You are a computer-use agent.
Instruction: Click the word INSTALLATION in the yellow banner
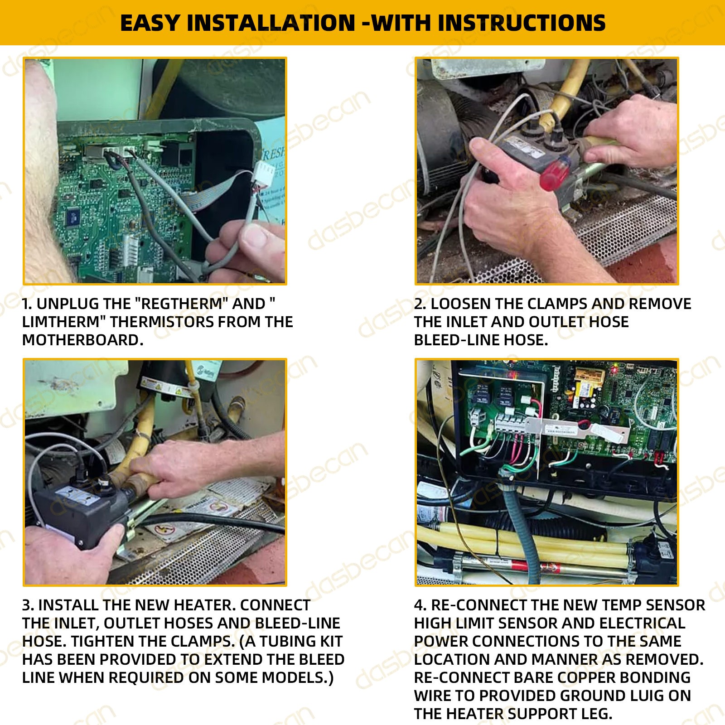(271, 23)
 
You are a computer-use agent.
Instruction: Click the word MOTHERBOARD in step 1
(82, 340)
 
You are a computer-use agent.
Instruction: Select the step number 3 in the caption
(27, 605)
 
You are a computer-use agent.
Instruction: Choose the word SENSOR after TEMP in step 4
(675, 605)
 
